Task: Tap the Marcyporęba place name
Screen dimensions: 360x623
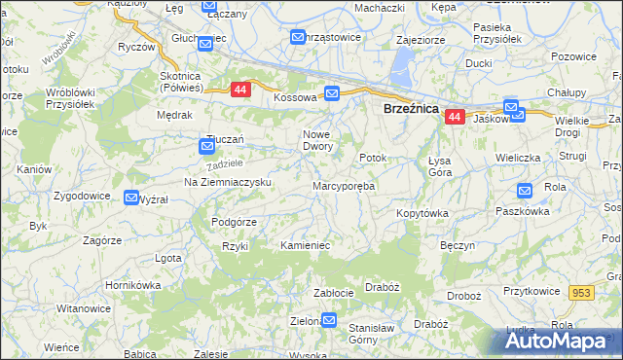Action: click(x=344, y=185)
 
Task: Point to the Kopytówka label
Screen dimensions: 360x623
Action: click(x=421, y=212)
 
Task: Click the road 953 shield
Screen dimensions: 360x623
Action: click(x=582, y=293)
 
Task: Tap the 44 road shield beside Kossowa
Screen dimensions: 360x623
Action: click(x=239, y=90)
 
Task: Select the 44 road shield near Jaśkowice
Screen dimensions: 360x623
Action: click(x=455, y=117)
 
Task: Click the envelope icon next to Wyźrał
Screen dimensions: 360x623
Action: click(x=131, y=198)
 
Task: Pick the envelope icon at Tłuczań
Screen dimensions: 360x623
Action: click(x=207, y=147)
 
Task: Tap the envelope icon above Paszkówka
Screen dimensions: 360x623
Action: click(x=525, y=192)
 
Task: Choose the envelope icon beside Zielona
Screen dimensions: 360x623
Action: click(x=329, y=319)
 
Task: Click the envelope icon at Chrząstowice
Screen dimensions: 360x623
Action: click(x=298, y=37)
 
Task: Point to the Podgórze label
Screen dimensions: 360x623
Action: click(x=234, y=221)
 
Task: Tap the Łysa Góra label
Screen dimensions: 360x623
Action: click(x=440, y=166)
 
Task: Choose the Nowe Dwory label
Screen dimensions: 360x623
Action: click(x=319, y=140)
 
